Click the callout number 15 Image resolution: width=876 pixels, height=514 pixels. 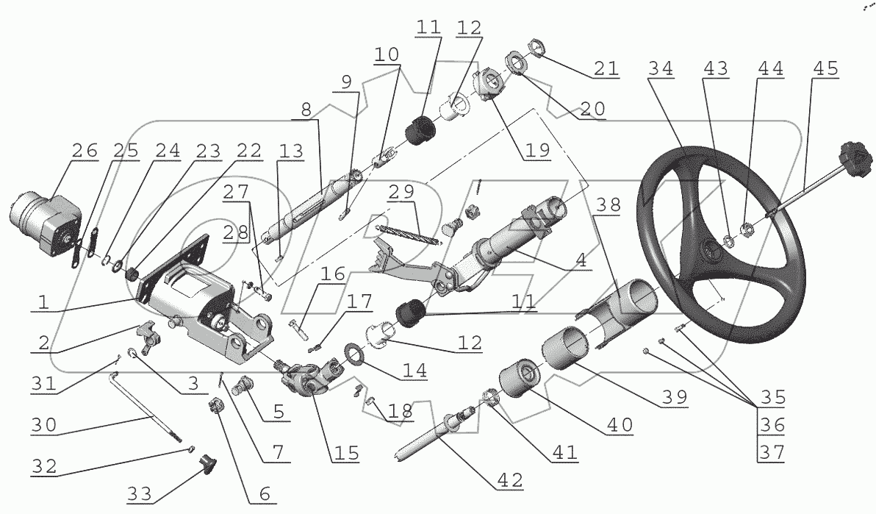coord(344,454)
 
